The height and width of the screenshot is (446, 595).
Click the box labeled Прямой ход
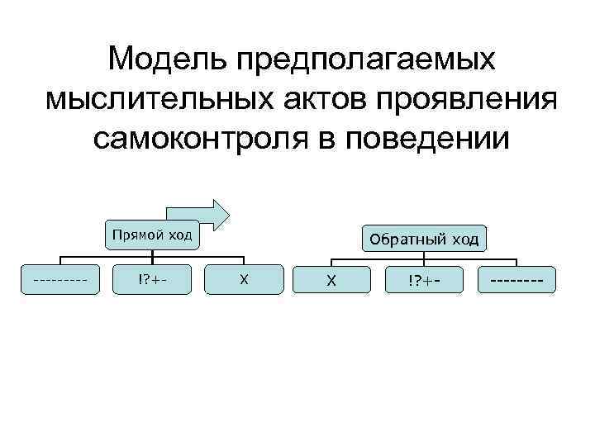[152, 235]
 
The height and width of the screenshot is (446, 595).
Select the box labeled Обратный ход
[424, 240]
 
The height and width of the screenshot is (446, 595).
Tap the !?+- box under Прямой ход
[152, 279]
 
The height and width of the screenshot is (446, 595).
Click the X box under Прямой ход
[243, 279]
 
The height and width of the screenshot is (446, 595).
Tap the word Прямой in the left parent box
[139, 235]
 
